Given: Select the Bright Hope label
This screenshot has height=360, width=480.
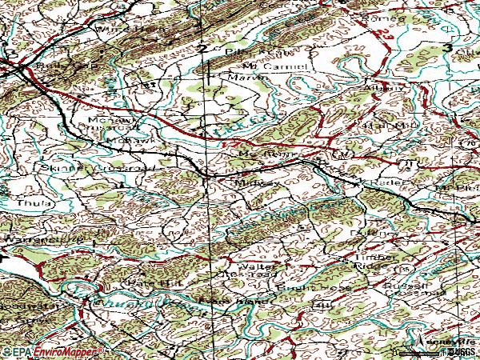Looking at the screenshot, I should click(304, 286).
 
